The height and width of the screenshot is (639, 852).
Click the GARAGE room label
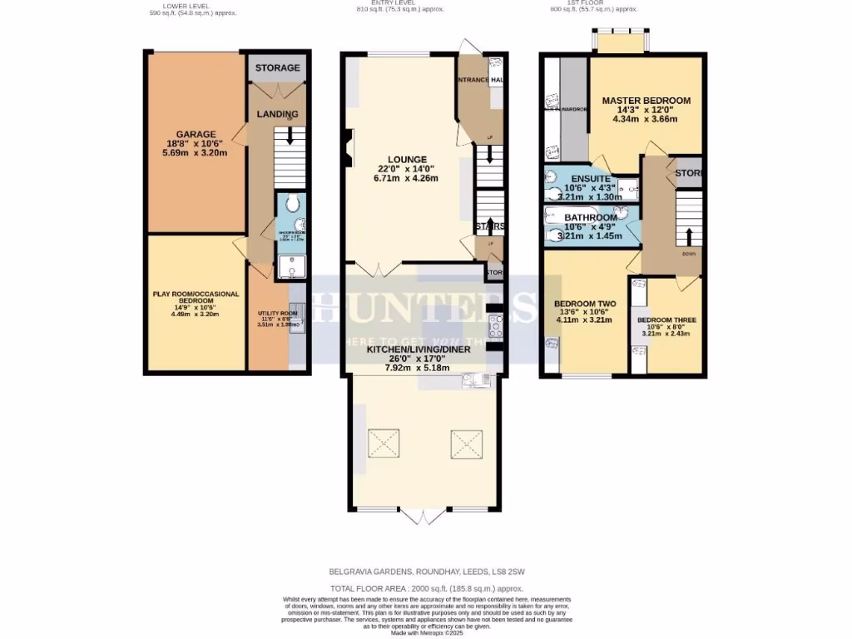coord(196,134)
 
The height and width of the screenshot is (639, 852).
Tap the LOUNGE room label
coord(407,159)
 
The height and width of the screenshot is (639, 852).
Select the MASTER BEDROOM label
coord(646,101)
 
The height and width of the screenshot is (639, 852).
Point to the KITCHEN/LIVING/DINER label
coord(419,349)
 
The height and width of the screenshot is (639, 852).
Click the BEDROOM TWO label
coord(584,304)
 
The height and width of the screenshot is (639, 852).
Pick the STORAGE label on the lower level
coord(277,67)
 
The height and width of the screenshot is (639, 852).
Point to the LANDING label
coord(277,114)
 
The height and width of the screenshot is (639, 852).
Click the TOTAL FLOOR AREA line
coord(425,587)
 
